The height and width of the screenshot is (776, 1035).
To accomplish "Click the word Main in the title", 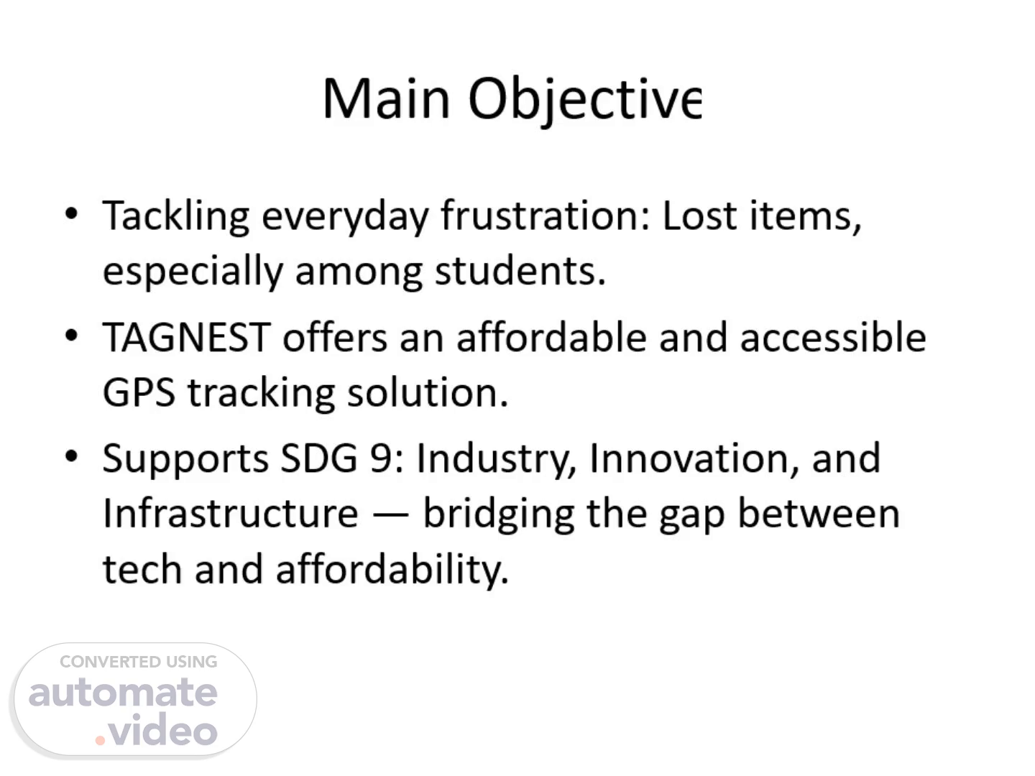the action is click(x=386, y=99).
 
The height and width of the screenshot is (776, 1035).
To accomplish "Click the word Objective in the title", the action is click(x=585, y=101).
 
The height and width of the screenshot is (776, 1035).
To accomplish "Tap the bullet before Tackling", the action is click(x=71, y=213).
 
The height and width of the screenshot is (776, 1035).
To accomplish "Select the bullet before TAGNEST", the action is click(x=71, y=336).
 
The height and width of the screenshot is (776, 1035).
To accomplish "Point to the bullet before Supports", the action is click(x=71, y=456).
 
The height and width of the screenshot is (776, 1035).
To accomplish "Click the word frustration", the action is click(x=546, y=216).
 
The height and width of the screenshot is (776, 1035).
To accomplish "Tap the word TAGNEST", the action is click(x=187, y=338).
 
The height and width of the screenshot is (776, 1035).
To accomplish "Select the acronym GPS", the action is click(x=139, y=392).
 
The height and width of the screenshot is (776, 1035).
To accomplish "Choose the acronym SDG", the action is click(x=319, y=458).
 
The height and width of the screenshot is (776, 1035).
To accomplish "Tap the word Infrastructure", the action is click(x=231, y=513).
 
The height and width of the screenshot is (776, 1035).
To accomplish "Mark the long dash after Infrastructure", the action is click(x=390, y=515).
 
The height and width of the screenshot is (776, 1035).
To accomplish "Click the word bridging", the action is click(x=499, y=515).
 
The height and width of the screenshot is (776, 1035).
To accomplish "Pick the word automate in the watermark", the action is click(x=123, y=693).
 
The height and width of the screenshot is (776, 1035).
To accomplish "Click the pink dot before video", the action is click(x=100, y=740).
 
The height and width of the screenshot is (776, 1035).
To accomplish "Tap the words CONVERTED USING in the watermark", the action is click(x=139, y=662).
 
